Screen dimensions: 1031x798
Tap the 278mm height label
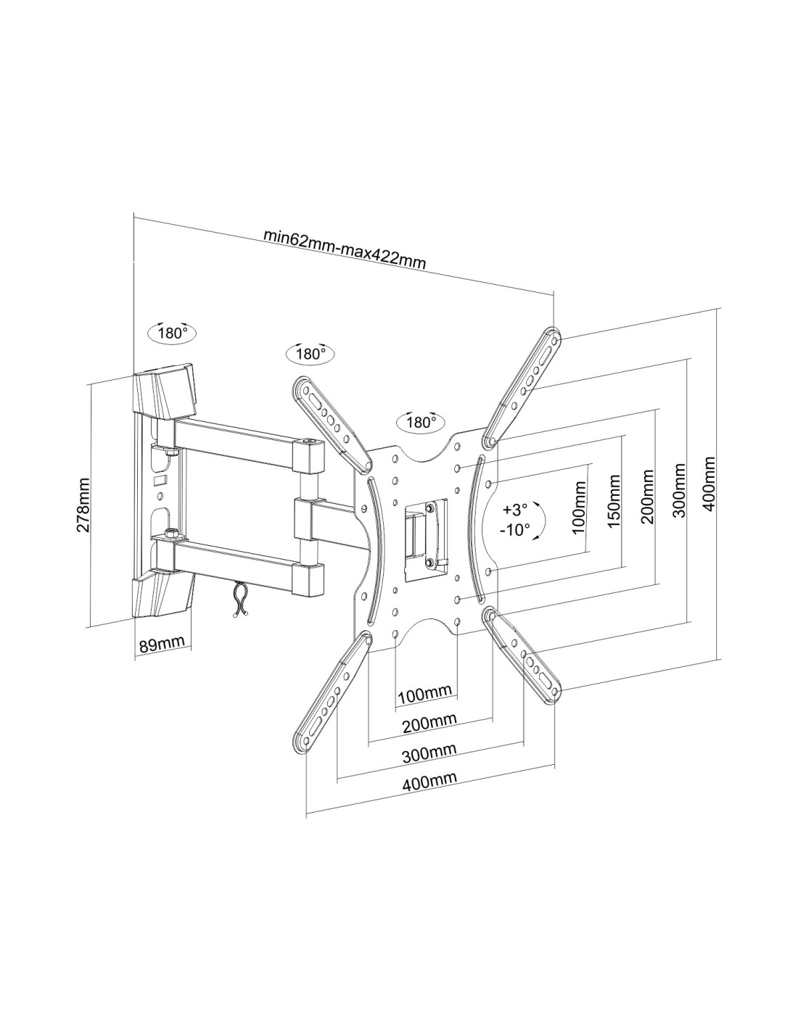tap(85, 505)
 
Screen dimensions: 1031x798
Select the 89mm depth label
tap(161, 645)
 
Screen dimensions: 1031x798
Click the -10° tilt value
tap(514, 529)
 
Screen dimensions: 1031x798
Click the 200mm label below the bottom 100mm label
tap(430, 723)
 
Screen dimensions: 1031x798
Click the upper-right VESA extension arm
tap(522, 388)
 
